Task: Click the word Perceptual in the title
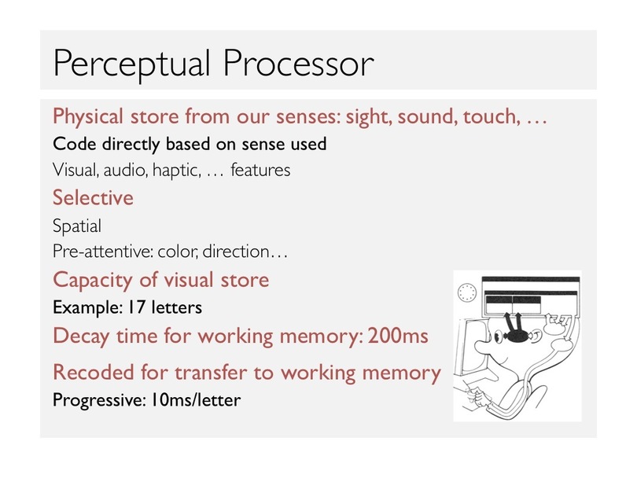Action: (131, 64)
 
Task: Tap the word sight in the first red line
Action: (369, 117)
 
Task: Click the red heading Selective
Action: (93, 197)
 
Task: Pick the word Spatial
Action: (77, 226)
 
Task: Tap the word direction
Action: (236, 252)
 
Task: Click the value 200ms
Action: (398, 336)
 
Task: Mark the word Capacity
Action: (93, 280)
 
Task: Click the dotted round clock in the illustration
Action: (466, 292)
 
